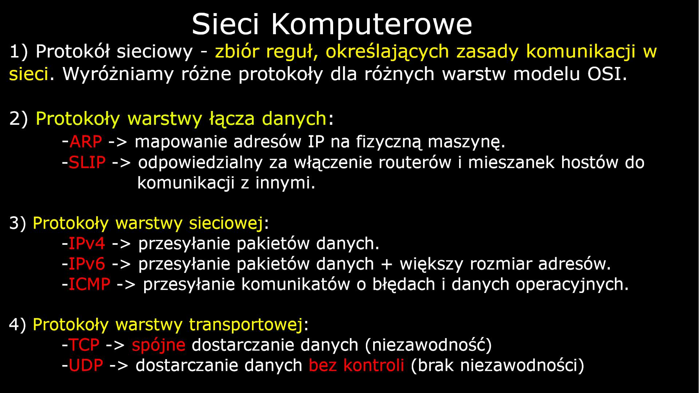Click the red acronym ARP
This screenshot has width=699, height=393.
pyautogui.click(x=86, y=142)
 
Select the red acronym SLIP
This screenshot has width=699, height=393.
pyautogui.click(x=87, y=162)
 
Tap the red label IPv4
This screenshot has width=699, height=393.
pyautogui.click(x=87, y=243)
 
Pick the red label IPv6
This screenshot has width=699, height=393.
pyautogui.click(x=87, y=264)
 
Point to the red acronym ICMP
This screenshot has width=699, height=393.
pyautogui.click(x=89, y=284)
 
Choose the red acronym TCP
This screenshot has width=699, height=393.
pyautogui.click(x=84, y=345)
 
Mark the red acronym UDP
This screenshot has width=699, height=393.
pyautogui.click(x=86, y=365)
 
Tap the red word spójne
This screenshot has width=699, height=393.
pyautogui.click(x=158, y=345)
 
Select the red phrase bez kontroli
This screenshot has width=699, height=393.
pyautogui.click(x=356, y=365)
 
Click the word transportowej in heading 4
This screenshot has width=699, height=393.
pyautogui.click(x=246, y=325)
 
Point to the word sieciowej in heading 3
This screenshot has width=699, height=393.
pyautogui.click(x=226, y=223)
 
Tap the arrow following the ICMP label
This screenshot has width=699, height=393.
pyautogui.click(x=126, y=285)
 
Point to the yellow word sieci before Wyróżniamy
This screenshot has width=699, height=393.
pyautogui.click(x=28, y=74)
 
